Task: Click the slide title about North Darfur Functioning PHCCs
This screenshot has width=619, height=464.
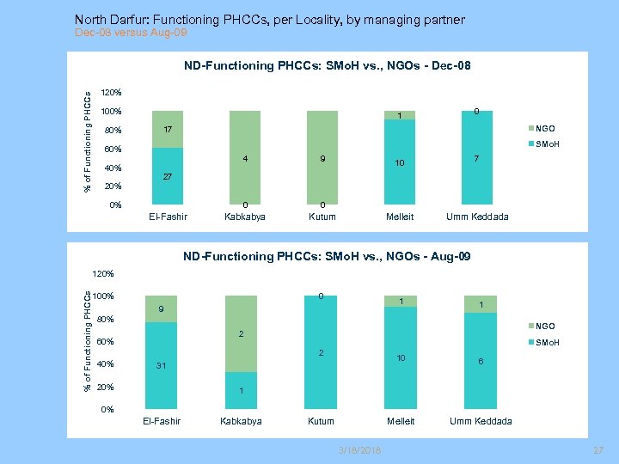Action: pos(269,19)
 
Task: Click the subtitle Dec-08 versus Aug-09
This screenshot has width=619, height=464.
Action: pos(130,33)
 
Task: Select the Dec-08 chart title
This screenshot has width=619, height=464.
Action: pos(327,65)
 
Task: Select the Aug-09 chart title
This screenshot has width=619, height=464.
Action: pos(327,256)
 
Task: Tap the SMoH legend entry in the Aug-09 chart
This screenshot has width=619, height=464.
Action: pos(547,343)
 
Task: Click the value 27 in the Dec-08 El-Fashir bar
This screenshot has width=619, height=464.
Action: pos(169,175)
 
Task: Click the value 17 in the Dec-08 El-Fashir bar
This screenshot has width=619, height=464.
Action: pos(169,129)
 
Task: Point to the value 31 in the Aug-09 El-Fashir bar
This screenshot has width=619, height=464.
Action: pos(162,365)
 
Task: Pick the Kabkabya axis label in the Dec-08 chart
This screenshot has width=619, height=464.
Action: pos(245,217)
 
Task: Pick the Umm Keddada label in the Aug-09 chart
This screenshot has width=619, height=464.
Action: pos(481,421)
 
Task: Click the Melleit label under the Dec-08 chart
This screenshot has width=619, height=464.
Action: pos(401,217)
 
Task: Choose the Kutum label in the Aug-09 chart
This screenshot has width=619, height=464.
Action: pos(322,421)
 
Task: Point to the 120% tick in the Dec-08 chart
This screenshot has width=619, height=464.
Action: pos(112,92)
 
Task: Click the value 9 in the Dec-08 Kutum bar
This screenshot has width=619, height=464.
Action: pos(322,158)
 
